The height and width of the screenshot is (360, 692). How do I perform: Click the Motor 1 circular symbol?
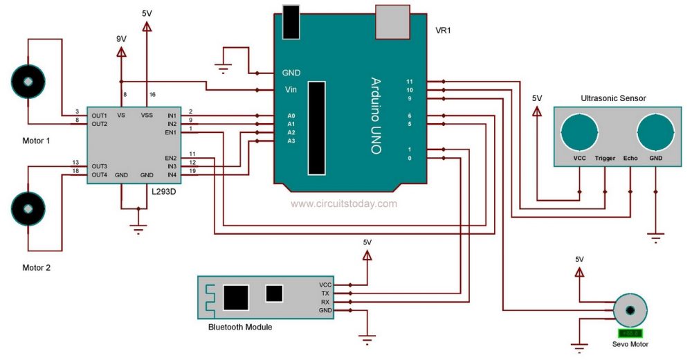click(28, 82)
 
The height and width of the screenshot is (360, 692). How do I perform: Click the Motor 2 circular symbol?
click(28, 207)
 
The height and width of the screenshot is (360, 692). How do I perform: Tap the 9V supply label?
click(121, 39)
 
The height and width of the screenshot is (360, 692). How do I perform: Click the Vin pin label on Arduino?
click(290, 89)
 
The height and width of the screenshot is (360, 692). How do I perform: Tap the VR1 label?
click(444, 33)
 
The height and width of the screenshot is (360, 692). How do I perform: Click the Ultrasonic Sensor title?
click(613, 98)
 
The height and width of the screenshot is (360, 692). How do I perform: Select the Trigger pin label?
click(605, 158)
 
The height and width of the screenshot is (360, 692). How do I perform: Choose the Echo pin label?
click(630, 158)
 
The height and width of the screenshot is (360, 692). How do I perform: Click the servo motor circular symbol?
click(630, 311)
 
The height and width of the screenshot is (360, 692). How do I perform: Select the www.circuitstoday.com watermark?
click(344, 204)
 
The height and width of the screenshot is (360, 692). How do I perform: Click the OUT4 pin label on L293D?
click(100, 175)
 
